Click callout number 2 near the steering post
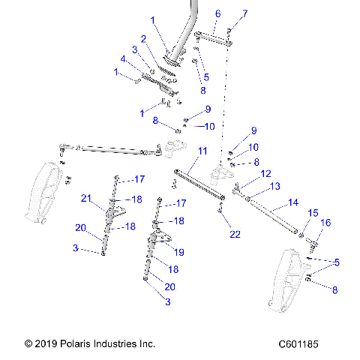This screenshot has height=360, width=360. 142,38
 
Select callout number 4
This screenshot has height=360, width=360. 123,58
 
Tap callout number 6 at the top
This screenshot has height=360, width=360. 217,13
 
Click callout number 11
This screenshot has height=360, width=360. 202,151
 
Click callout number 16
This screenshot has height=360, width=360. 325,223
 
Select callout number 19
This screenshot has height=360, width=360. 178,251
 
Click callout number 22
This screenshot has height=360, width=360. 235,235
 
